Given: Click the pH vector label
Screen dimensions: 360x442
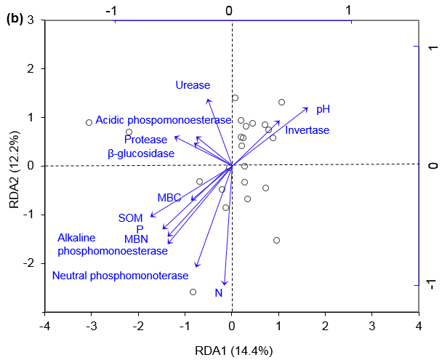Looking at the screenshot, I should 323,109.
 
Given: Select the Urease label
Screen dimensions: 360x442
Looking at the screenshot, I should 193,85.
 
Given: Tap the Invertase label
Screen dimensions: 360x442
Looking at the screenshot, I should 307,130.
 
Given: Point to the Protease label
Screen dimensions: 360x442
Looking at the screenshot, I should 145,140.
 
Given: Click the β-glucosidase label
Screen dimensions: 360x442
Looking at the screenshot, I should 141,153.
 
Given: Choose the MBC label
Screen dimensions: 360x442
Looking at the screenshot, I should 169,197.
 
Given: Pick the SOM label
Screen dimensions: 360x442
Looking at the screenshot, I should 132,217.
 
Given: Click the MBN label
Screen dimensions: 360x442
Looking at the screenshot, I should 137,239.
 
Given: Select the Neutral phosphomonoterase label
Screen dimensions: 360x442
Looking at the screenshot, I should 120,276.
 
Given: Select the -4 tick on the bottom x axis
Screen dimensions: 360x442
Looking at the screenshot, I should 45,324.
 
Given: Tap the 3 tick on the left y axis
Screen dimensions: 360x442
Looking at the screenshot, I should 33,21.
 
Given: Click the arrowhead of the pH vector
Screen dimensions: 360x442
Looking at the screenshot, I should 308,108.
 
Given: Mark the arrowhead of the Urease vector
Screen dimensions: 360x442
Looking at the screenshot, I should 208,99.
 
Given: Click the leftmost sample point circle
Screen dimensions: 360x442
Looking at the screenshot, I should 89,122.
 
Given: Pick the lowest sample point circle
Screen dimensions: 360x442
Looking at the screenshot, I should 193,292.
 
